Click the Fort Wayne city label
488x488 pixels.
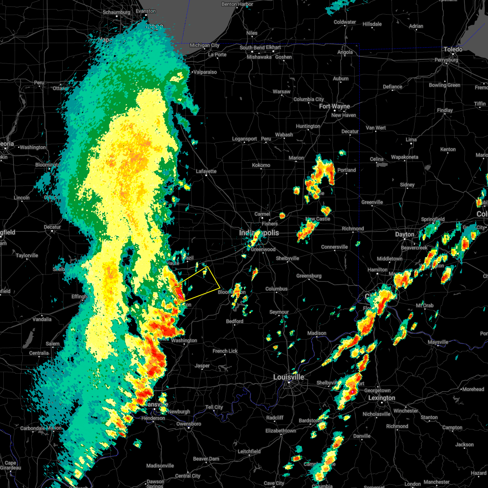coord(334,106)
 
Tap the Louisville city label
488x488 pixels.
coord(288,377)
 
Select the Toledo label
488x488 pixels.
coord(453,49)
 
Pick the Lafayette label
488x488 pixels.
coord(206,171)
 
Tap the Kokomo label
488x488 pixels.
coord(261,165)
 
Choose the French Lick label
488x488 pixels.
coord(225,351)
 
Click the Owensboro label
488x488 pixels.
coord(189,424)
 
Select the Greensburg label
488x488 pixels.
coord(309,276)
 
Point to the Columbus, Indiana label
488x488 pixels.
coord(276,289)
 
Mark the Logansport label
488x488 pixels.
coord(244,139)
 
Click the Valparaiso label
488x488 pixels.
coord(205,72)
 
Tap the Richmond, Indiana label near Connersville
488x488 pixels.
coord(353,229)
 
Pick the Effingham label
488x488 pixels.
coord(79,296)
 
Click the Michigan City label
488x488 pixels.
coord(205,45)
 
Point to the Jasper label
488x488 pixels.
coord(202,366)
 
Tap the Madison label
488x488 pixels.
coord(317,333)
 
